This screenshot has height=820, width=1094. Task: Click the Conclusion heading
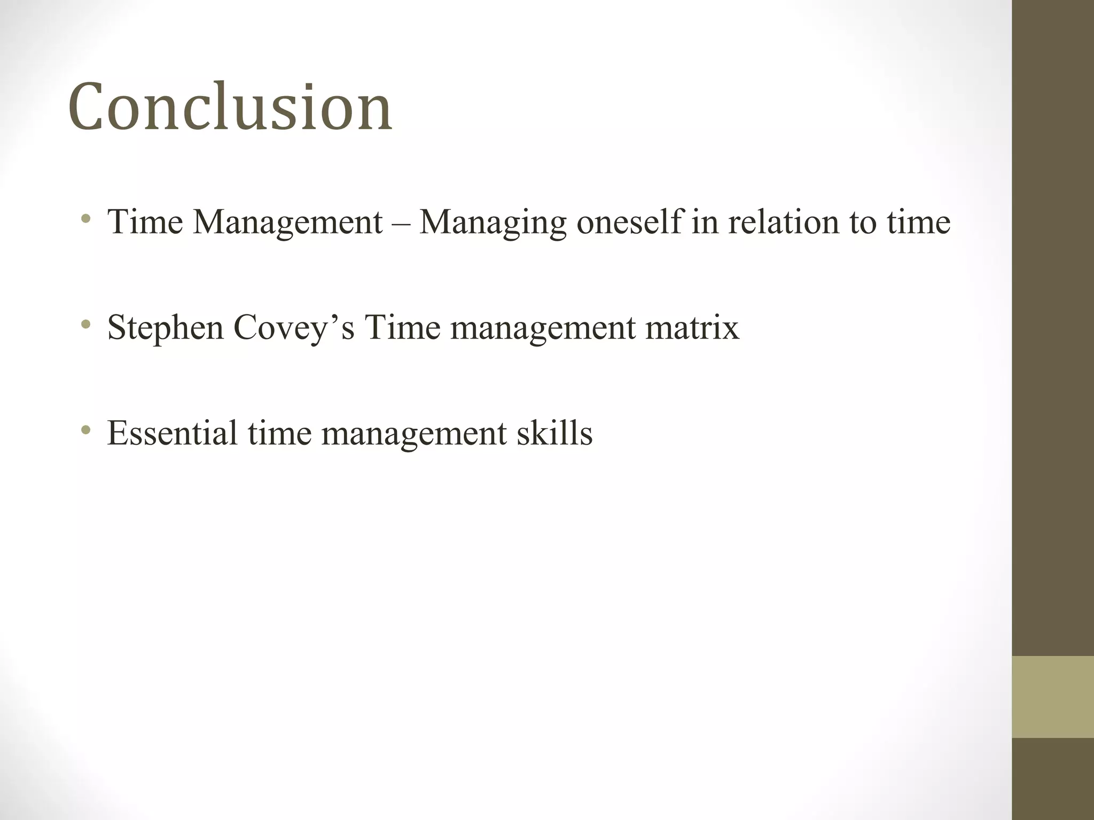(x=230, y=106)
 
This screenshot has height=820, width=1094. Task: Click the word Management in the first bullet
(x=287, y=222)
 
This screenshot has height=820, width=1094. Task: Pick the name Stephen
(x=165, y=328)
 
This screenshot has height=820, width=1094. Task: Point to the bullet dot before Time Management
(x=85, y=219)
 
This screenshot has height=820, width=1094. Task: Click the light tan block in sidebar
(x=1052, y=697)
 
